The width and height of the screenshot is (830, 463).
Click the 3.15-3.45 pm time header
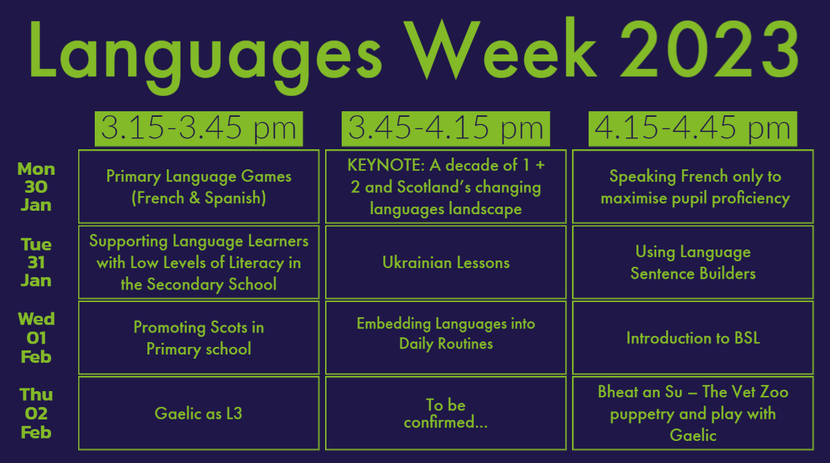pos(199,129)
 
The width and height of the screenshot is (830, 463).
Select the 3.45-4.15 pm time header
pos(445,129)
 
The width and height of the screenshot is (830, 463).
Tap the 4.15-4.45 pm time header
pos(692,129)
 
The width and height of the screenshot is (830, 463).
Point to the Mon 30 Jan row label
pos(36,187)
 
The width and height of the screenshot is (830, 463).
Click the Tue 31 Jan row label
pos(36,262)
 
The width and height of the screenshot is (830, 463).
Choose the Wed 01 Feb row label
pos(36,337)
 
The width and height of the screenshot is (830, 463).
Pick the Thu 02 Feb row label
pos(36,413)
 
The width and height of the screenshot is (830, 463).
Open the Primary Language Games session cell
pos(199,187)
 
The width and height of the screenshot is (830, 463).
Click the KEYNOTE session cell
pos(445,187)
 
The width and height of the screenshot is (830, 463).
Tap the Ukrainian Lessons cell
pos(445,262)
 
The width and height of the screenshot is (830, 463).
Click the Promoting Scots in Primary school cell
pos(199,337)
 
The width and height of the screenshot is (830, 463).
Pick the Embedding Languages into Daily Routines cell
pos(445,337)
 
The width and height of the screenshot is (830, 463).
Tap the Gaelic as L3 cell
pos(199,413)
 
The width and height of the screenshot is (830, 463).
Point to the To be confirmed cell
pos(445,413)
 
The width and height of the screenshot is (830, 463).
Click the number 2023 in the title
pos(709,50)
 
